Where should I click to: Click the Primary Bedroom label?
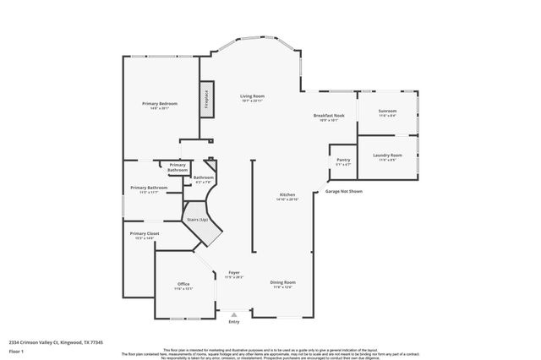(160, 104)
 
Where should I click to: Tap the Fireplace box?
(205, 98)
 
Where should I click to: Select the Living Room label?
(253, 98)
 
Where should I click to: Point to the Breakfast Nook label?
(329, 117)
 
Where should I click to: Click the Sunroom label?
(387, 112)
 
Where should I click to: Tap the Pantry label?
(343, 160)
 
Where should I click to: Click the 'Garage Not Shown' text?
(344, 191)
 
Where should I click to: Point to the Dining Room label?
(283, 282)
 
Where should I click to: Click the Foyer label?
(234, 273)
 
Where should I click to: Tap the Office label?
(183, 284)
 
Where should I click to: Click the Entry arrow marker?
(234, 314)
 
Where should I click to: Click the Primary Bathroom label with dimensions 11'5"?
(149, 188)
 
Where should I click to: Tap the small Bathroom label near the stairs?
(203, 177)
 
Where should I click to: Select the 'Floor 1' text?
(16, 350)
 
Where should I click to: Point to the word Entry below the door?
(234, 321)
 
